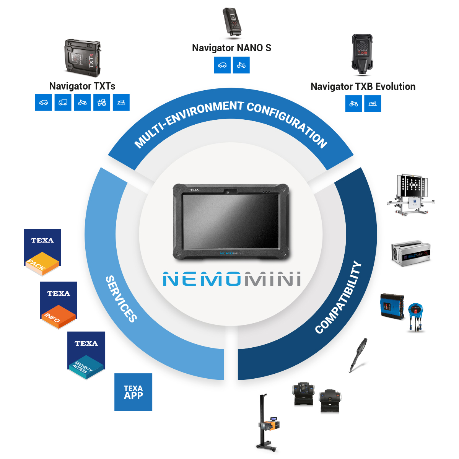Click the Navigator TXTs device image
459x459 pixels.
point(83,58)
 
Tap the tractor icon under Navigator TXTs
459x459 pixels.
point(101,103)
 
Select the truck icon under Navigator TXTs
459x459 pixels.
point(63,103)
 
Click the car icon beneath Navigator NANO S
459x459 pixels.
point(222,65)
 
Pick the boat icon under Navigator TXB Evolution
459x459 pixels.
point(373,104)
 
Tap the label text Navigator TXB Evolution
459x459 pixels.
point(363,86)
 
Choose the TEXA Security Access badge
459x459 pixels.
point(86,355)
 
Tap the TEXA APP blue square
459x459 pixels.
point(133,392)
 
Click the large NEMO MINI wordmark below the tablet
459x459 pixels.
point(232,279)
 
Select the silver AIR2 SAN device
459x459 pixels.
point(411,252)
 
